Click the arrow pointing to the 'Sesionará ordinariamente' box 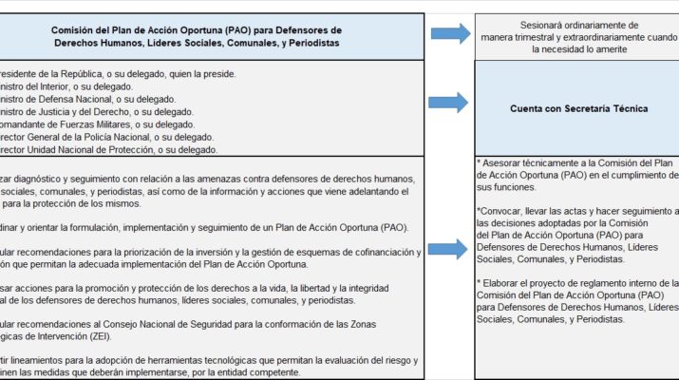pyautogui.click(x=450, y=35)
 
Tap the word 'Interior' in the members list pyautogui.click(x=67, y=86)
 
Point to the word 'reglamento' pyautogui.click(x=603, y=282)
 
